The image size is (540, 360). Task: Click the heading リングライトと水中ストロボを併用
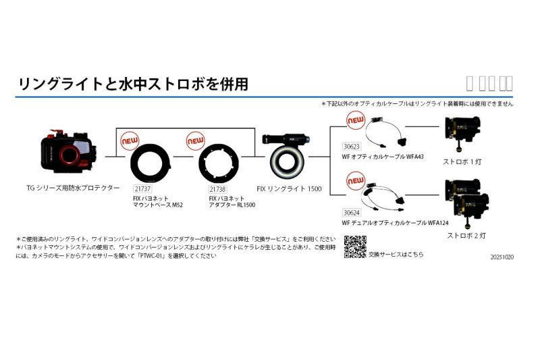pyautogui.click(x=133, y=84)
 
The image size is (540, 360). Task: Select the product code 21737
pyautogui.click(x=142, y=190)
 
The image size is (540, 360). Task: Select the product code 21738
pyautogui.click(x=218, y=190)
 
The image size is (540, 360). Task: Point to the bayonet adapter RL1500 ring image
pyautogui.click(x=220, y=165)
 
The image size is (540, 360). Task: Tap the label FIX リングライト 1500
pyautogui.click(x=293, y=190)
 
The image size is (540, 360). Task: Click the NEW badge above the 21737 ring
pyautogui.click(x=129, y=141)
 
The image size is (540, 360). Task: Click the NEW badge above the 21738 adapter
pyautogui.click(x=196, y=141)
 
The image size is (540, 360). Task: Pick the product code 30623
pyautogui.click(x=352, y=145)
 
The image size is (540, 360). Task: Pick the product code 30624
pyautogui.click(x=352, y=212)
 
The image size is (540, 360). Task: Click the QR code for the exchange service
pyautogui.click(x=355, y=247)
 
